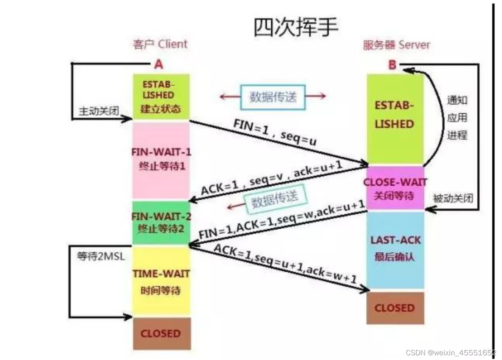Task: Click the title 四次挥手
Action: tap(296, 27)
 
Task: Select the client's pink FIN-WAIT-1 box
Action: tap(161, 160)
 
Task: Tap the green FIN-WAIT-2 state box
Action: tap(161, 223)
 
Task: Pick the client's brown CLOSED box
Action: tap(161, 334)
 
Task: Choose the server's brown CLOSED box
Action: tap(395, 308)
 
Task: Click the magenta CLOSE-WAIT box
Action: tap(395, 188)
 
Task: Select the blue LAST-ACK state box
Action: tap(395, 249)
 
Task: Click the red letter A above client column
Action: tap(158, 64)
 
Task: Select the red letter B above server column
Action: tap(392, 65)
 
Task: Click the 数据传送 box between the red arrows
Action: tap(273, 96)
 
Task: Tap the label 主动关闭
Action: tap(99, 111)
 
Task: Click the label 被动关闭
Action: tap(453, 198)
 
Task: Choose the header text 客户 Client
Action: tap(160, 44)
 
